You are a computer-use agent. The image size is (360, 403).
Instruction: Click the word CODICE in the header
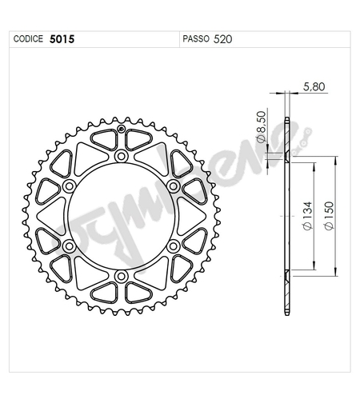point(29,38)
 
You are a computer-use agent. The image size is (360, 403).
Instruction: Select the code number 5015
point(62,38)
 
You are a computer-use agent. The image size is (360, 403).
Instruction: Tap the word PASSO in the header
point(196,38)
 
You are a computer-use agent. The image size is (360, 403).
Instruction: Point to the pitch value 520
point(224,38)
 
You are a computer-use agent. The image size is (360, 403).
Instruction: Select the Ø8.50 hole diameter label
point(261,128)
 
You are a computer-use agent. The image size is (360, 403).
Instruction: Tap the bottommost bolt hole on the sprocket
point(121,277)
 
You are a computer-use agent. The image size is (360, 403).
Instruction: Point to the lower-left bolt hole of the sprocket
point(68,246)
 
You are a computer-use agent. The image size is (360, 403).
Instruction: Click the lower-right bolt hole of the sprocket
point(174,246)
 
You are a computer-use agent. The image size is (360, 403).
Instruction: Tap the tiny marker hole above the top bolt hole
point(121,130)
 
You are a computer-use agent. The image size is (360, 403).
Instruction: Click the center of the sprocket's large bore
point(121,216)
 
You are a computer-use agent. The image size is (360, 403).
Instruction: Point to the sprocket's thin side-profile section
point(286,216)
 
